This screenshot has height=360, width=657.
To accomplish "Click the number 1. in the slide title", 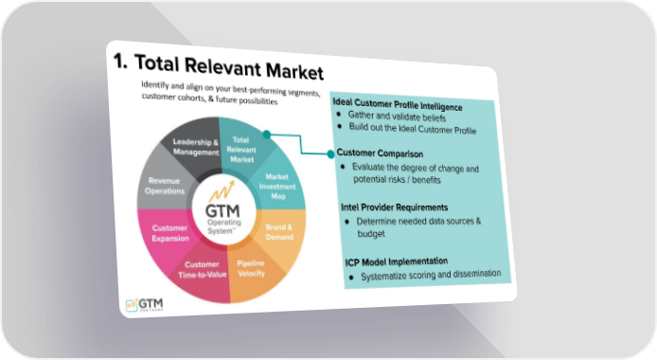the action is coord(120,62).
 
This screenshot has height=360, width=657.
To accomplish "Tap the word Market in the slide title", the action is coord(294,71).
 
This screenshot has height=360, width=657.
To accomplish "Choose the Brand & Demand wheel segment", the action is coord(281,233).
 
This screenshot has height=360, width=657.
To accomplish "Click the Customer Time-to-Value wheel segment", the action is coord(202,272).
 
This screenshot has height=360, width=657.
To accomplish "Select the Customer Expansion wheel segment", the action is coord(168,236).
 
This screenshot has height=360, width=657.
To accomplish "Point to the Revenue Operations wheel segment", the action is coord(165,185).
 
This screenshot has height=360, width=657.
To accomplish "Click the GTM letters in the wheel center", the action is coord(222,210).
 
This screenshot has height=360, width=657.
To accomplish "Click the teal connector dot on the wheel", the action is coord(266,135).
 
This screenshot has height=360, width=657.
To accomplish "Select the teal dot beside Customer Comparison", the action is coord(330,154).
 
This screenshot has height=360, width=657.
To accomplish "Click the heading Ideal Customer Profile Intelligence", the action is coord(398,104).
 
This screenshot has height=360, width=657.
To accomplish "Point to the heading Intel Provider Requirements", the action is coord(394,207).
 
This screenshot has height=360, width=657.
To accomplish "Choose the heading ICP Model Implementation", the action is coord(397,261).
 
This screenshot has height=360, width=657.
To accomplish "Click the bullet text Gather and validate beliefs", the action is coord(397,117).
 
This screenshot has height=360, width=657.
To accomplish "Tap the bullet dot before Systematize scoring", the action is coord(351,278).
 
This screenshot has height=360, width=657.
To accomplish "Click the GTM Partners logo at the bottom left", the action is coord(144,304).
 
